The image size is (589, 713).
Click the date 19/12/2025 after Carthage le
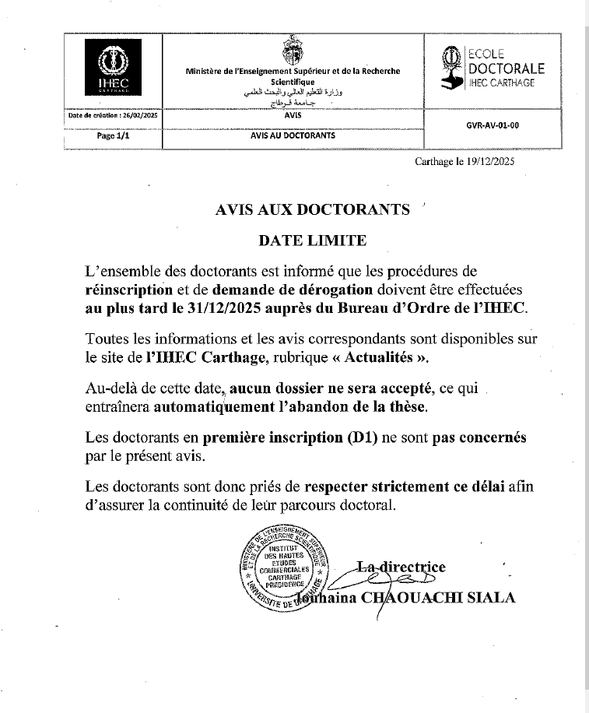click(488, 162)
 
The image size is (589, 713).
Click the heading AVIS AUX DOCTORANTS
click(312, 209)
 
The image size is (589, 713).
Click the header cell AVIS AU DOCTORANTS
click(293, 135)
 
